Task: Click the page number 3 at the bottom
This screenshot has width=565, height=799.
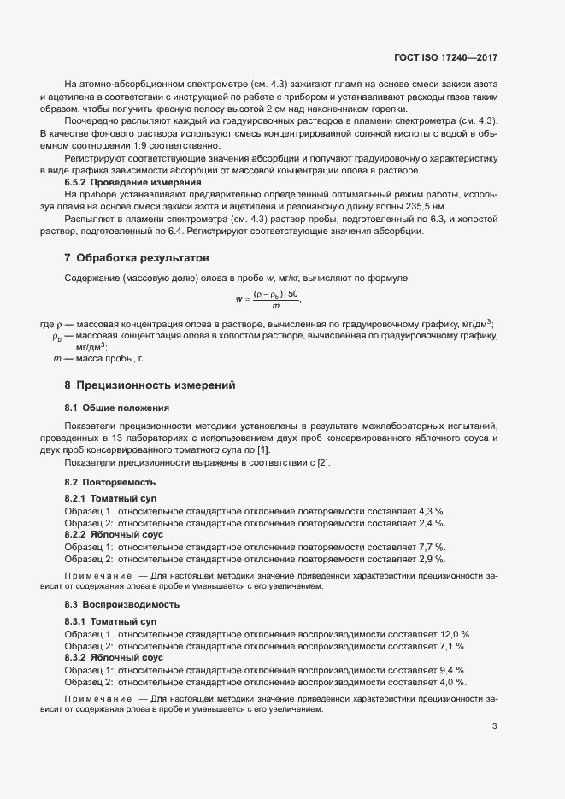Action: click(494, 726)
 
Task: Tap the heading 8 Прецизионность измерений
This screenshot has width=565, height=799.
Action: click(144, 385)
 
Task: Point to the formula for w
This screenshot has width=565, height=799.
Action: click(268, 298)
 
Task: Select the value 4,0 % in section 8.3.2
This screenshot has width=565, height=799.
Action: click(452, 683)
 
